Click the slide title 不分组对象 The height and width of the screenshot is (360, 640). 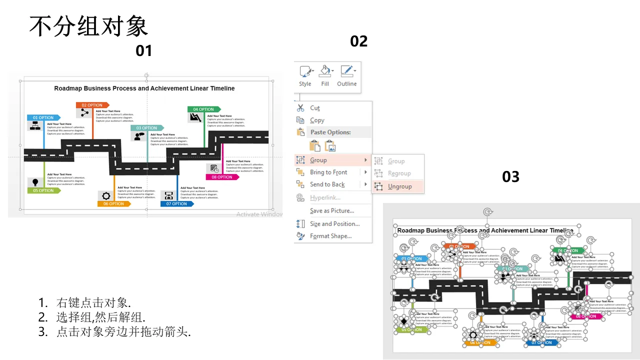pos(88,26)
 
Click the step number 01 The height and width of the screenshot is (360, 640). pos(144,50)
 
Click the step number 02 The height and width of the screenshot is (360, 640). pos(359,41)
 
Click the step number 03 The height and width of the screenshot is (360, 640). pos(510,176)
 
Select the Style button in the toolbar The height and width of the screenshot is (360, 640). pos(305,76)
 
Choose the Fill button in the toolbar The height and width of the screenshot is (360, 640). pos(325,76)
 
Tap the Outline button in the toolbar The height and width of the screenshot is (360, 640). pos(346,76)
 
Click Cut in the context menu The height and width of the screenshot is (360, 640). pos(315,108)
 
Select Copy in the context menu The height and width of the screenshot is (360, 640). pos(317,120)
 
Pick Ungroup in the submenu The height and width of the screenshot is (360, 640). pos(399,186)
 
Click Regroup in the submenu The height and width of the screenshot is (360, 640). pos(399,173)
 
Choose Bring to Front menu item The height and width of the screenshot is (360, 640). pos(328,172)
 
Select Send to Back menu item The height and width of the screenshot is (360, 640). pos(327,184)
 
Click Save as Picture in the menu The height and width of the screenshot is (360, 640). pos(331,211)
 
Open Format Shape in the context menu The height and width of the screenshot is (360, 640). pos(330,236)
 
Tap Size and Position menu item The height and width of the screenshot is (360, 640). pos(334,224)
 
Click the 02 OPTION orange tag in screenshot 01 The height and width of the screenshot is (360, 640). pos(92,105)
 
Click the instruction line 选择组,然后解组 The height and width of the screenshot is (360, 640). pos(101,317)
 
